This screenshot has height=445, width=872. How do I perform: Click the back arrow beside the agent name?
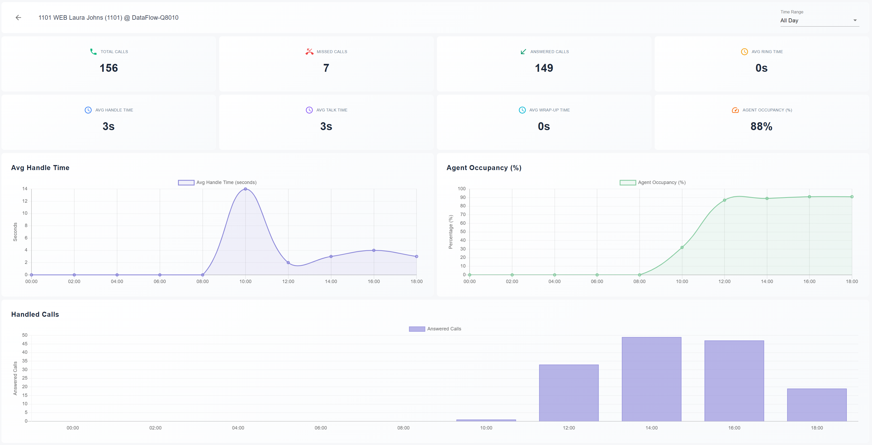[19, 18]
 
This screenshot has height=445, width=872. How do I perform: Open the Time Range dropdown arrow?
[855, 20]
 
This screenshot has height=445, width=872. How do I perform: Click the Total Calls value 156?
[109, 68]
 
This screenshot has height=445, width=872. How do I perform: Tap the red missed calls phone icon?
[309, 52]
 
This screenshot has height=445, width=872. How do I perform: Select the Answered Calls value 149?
[544, 68]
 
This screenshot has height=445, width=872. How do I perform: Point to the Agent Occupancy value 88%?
[761, 126]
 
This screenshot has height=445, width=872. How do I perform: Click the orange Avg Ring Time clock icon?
[744, 52]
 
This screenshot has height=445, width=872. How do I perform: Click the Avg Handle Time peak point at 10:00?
[245, 189]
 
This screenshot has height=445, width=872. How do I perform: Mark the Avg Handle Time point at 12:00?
[288, 263]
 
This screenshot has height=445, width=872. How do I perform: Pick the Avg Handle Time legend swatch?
[186, 182]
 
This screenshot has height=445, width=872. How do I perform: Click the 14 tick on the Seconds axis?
[25, 189]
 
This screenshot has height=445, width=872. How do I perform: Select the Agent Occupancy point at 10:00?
[682, 248]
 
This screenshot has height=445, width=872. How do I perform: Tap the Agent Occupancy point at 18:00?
[852, 197]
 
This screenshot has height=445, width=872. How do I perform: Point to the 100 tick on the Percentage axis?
[461, 189]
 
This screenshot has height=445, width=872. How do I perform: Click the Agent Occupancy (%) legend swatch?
[627, 182]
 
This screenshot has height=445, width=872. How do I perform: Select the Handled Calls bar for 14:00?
[651, 379]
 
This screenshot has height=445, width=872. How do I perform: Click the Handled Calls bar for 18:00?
[817, 405]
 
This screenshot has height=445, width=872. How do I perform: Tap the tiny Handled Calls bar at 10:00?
[486, 420]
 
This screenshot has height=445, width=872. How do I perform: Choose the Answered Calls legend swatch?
[417, 329]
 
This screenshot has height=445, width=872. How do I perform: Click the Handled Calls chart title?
[35, 314]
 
